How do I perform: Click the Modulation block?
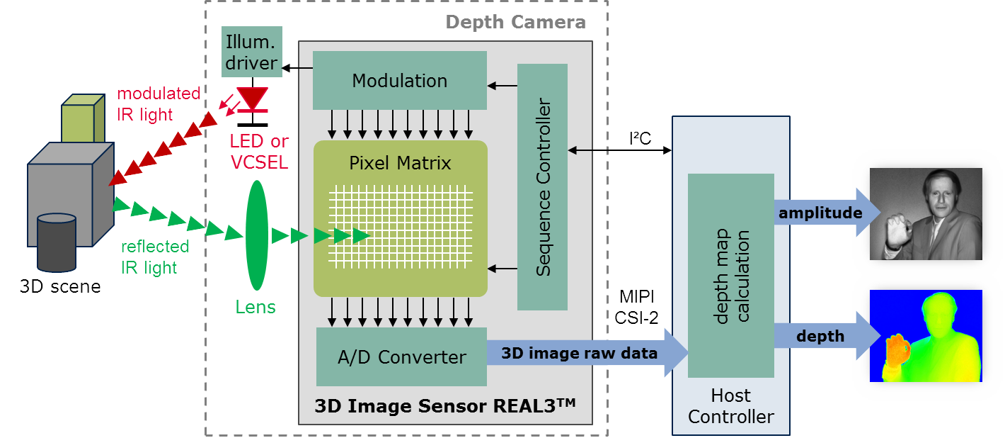coord(400,80)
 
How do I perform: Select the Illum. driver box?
coord(252,51)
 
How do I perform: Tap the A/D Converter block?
coord(401,356)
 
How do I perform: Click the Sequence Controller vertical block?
coord(542,187)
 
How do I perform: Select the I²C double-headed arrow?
coord(619,150)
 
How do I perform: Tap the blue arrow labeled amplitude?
coord(825,213)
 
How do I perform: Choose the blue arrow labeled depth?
coord(825,335)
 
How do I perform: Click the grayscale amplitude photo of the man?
coord(925,213)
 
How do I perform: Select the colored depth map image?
coord(925,335)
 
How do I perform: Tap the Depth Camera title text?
coord(515,22)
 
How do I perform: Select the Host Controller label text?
coord(730,405)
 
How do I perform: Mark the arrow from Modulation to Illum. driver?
coord(297,68)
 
